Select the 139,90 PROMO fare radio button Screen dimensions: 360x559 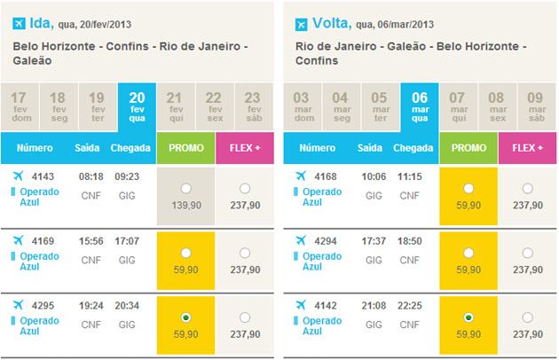coord(185,189)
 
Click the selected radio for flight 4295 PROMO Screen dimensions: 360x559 coord(185,317)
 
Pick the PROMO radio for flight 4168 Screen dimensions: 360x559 coord(469,189)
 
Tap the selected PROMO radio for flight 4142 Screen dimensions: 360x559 coord(469,317)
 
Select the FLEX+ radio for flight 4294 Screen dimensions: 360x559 coord(527,253)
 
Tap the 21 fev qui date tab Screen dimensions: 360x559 coord(175,106)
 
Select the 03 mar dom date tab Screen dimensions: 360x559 coord(303,106)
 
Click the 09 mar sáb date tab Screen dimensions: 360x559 coord(535,106)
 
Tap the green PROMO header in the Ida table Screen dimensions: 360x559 coord(185,147)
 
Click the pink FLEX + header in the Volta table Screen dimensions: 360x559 coord(527,147)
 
